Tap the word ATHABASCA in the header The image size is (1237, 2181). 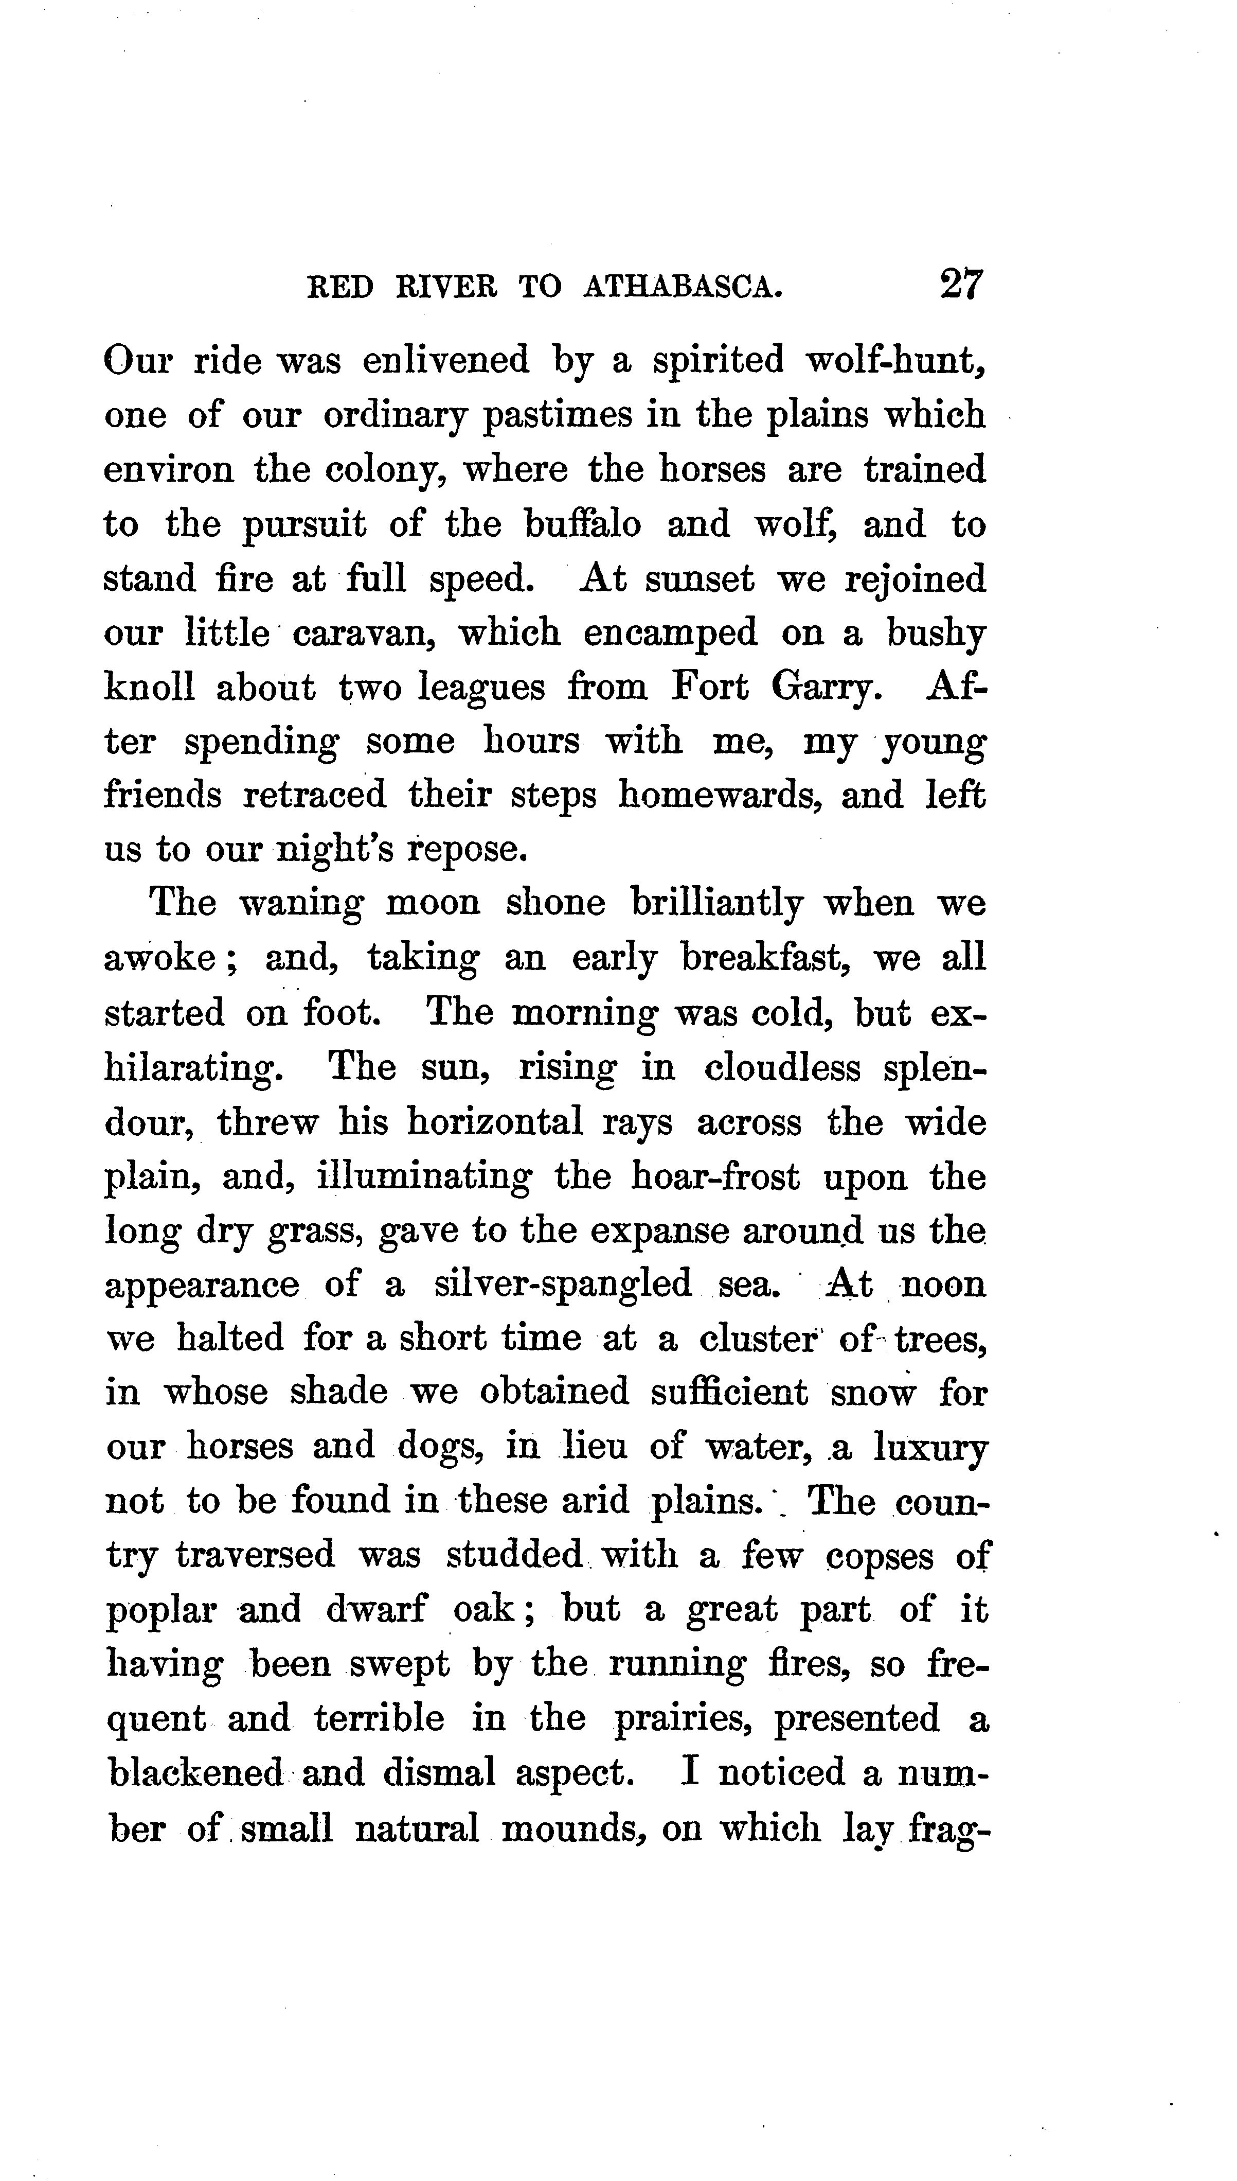pyautogui.click(x=682, y=287)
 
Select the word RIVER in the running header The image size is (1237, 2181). pyautogui.click(x=447, y=287)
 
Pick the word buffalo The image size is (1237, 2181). pyautogui.click(x=583, y=523)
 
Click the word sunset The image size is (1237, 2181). pyautogui.click(x=698, y=579)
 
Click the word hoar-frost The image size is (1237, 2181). pyautogui.click(x=715, y=1177)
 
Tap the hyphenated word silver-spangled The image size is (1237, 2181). pyautogui.click(x=562, y=1285)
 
